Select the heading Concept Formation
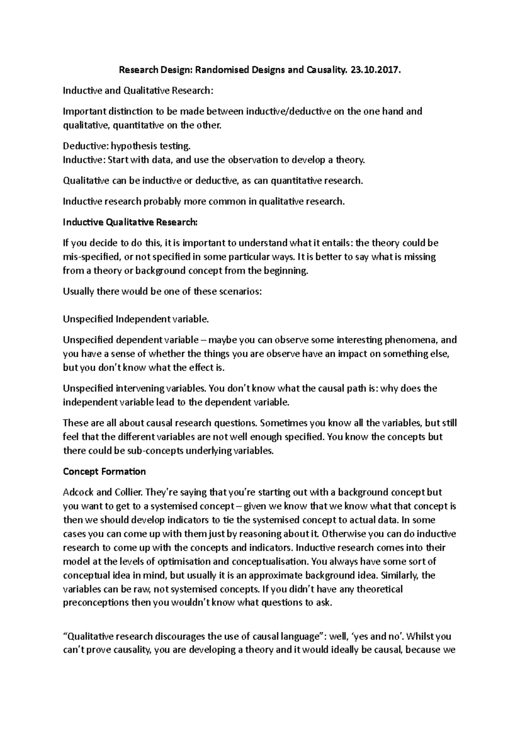click(104, 471)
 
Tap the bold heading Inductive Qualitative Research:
click(130, 222)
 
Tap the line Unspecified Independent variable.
click(136, 319)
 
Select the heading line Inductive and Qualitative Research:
click(138, 90)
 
